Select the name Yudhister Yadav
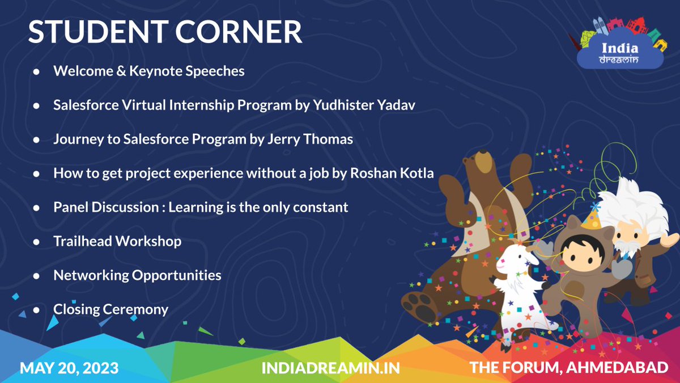click(x=360, y=106)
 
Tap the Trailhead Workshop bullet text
click(x=117, y=241)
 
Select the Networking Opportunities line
click(x=137, y=275)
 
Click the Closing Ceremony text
click(x=110, y=309)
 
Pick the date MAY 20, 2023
click(x=69, y=368)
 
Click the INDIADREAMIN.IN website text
click(x=331, y=368)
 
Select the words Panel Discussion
click(x=99, y=207)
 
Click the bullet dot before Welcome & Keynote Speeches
click(x=36, y=72)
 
